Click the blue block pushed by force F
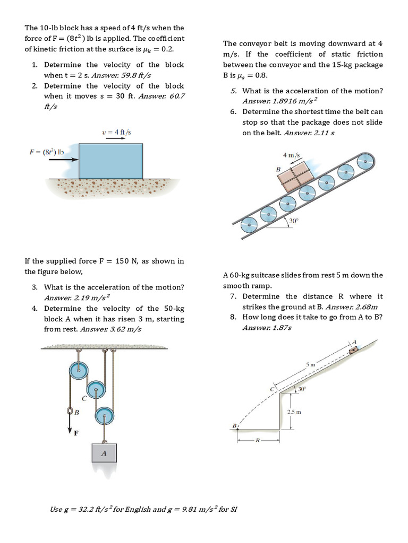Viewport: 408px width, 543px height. click(x=110, y=160)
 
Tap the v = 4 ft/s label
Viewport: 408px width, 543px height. click(x=116, y=132)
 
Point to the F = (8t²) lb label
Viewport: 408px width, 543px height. click(x=47, y=152)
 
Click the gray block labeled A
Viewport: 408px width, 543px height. click(x=104, y=453)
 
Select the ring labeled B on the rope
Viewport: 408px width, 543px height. click(x=70, y=411)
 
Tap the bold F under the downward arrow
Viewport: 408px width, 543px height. click(x=75, y=433)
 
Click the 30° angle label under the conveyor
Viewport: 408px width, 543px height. click(x=294, y=220)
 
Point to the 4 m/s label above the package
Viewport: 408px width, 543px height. click(x=292, y=155)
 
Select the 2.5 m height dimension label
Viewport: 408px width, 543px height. click(x=294, y=411)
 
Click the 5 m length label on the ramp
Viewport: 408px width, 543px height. click(x=311, y=365)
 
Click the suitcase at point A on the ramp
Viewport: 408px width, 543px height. click(x=353, y=349)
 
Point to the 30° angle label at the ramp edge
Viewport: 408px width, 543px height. click(x=302, y=389)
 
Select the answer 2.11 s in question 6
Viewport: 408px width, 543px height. click(x=324, y=133)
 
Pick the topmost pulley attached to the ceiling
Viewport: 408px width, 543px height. click(x=78, y=369)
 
